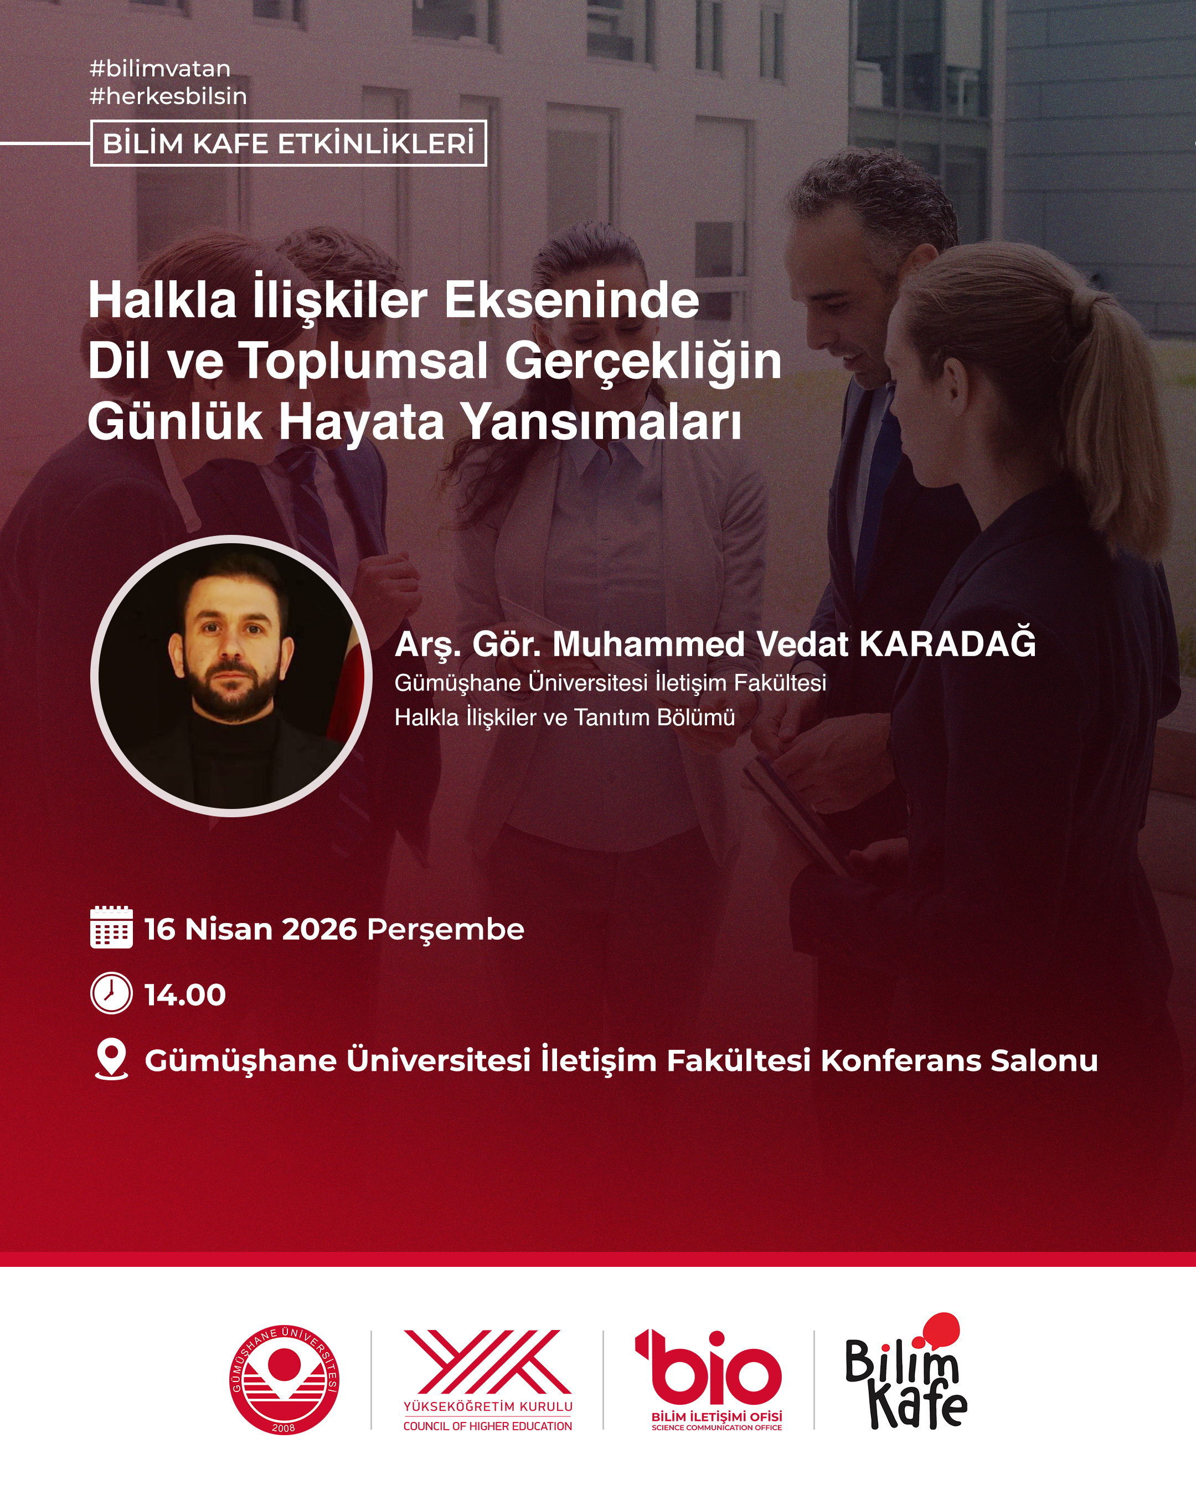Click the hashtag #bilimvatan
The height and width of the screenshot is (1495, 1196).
pyautogui.click(x=160, y=69)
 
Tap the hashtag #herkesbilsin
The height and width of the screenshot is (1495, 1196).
pyautogui.click(x=168, y=96)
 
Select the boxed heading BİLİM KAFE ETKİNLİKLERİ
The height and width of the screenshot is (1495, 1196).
pyautogui.click(x=288, y=143)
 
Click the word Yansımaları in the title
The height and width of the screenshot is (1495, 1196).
pyautogui.click(x=602, y=422)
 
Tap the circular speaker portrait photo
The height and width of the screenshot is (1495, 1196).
pyautogui.click(x=231, y=676)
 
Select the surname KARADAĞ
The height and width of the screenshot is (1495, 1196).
pyautogui.click(x=948, y=643)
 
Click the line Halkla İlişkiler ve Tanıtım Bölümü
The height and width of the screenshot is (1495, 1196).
pyautogui.click(x=565, y=717)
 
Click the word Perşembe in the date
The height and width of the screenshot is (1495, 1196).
pyautogui.click(x=446, y=930)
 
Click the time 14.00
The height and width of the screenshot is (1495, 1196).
pyautogui.click(x=185, y=995)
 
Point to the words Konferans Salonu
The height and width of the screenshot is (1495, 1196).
pyautogui.click(x=960, y=1060)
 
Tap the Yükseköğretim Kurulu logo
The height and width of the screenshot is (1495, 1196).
pyautogui.click(x=488, y=1380)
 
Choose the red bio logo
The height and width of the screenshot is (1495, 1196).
pyautogui.click(x=709, y=1380)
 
